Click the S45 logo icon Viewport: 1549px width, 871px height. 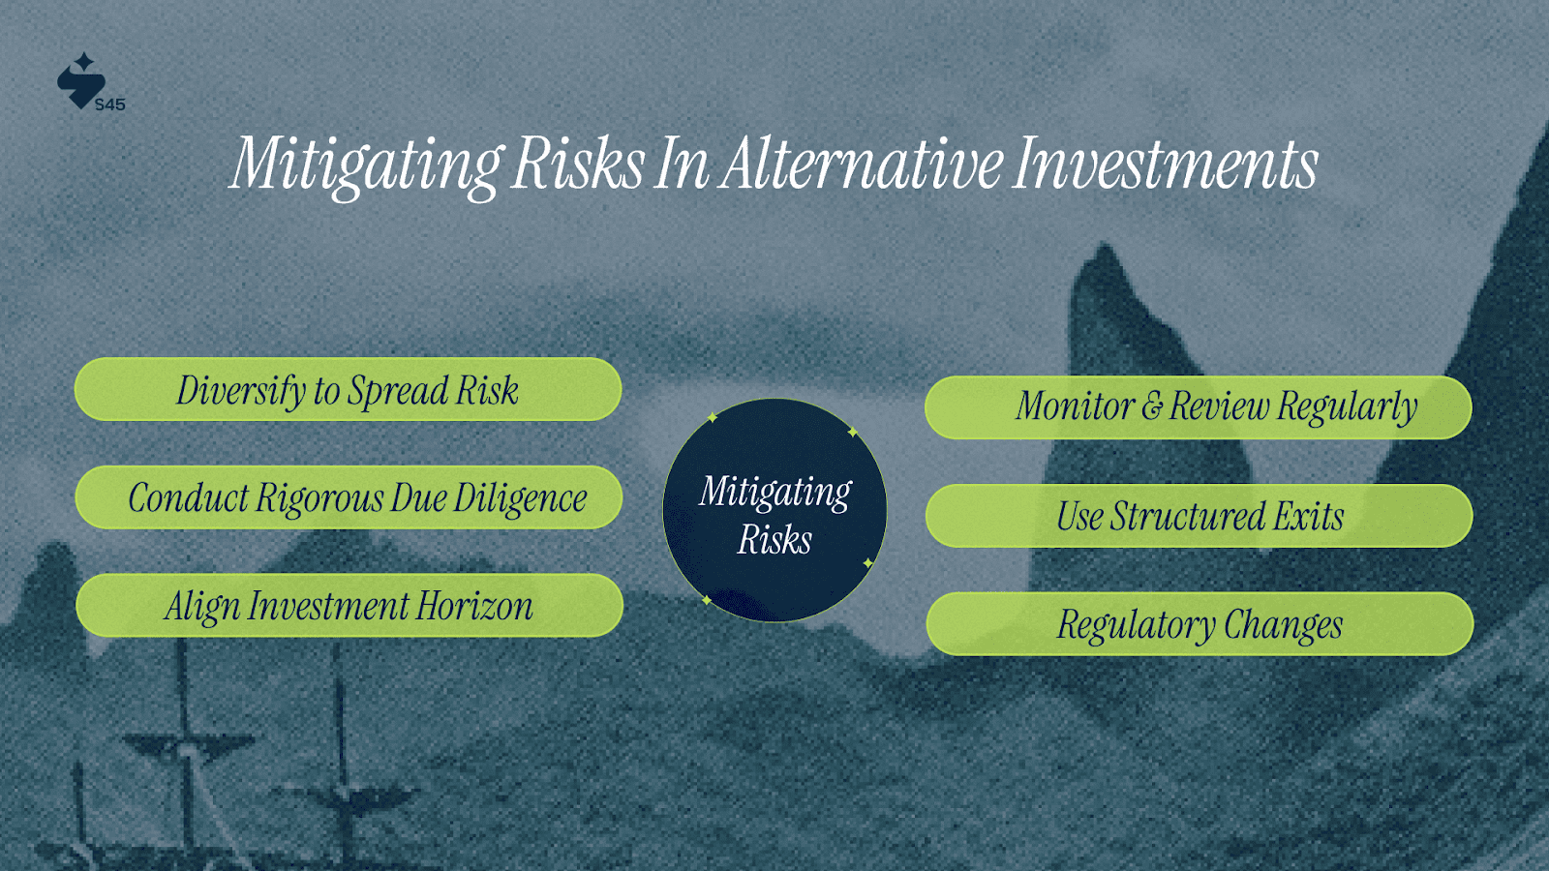point(81,81)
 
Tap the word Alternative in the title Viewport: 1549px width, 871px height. point(860,164)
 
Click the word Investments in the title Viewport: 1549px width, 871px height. point(1166,164)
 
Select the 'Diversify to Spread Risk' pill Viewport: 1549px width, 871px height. point(348,389)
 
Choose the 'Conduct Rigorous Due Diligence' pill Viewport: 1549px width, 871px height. point(349,497)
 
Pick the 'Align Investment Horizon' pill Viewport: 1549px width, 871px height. point(349,606)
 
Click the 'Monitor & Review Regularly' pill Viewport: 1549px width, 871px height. point(1199,407)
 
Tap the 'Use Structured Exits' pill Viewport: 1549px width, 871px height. point(1200,516)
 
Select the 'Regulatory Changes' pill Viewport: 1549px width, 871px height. point(1200,623)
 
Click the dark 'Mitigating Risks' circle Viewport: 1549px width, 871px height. point(774,510)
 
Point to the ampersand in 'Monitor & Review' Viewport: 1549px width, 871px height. point(1151,406)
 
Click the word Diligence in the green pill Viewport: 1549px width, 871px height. point(520,498)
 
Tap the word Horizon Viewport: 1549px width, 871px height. point(474,606)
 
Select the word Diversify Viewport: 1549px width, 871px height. point(241,391)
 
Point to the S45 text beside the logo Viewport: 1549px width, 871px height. point(110,105)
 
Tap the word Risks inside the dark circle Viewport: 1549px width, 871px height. point(774,539)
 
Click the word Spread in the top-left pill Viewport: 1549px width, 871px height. point(398,391)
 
